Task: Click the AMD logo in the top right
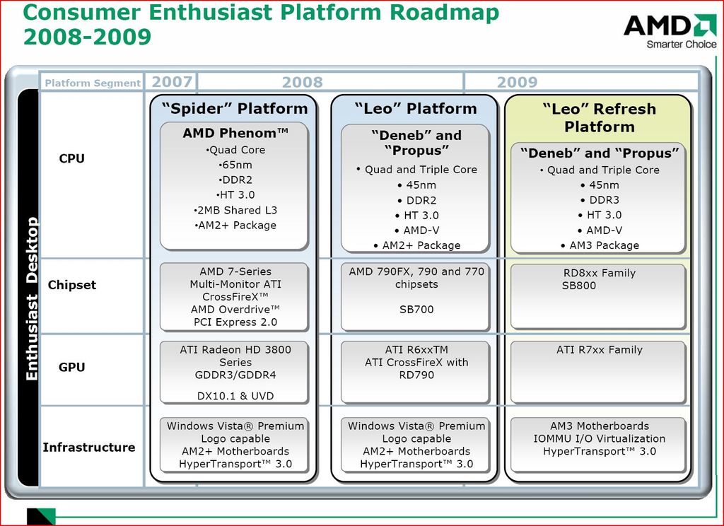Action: pos(669,26)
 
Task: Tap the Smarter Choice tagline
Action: pos(681,45)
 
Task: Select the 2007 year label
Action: pos(171,82)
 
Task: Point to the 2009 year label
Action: pos(517,82)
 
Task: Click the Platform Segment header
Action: pos(93,83)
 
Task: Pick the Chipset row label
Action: pos(72,285)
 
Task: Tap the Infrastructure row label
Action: pos(89,447)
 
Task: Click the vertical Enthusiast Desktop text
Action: pos(32,299)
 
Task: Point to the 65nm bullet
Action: pos(235,165)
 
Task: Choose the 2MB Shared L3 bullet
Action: pos(235,210)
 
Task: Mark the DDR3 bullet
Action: pos(598,199)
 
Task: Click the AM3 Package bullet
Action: pos(598,245)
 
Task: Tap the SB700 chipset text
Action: pos(416,310)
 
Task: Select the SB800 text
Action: pos(579,286)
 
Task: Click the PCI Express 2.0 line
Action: pos(235,322)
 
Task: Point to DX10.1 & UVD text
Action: pos(235,396)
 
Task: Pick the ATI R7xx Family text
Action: pos(599,349)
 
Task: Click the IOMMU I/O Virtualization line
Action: pos(599,438)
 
